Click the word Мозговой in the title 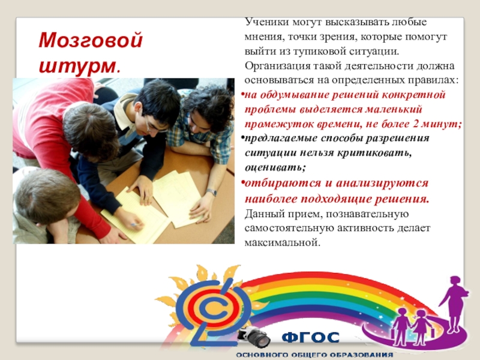click(x=91, y=41)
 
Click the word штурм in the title click(x=77, y=65)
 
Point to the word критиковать click(x=374, y=153)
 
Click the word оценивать click(x=275, y=167)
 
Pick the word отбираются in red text click(x=282, y=184)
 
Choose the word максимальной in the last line click(x=282, y=243)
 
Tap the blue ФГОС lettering click(x=310, y=338)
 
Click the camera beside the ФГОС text click(x=254, y=336)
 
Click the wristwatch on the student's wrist click(x=211, y=192)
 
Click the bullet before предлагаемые click(x=242, y=137)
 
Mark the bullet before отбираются click(x=242, y=183)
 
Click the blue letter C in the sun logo click(x=214, y=310)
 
